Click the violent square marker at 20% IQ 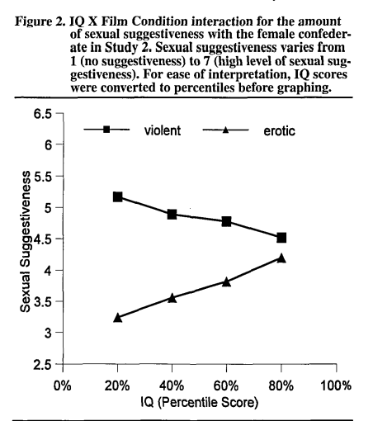(x=117, y=197)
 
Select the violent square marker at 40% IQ (x=172, y=215)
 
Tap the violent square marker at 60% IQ (x=226, y=221)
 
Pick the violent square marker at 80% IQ (x=281, y=238)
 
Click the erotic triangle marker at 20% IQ (x=117, y=318)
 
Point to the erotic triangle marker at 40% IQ (x=172, y=298)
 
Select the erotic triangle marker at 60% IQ (x=226, y=282)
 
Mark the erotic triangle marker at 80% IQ (x=281, y=258)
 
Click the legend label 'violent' (x=163, y=130)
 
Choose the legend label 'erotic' (x=279, y=131)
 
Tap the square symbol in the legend (x=106, y=130)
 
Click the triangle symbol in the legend (x=225, y=130)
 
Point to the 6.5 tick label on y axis (x=43, y=114)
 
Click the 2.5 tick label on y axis (x=43, y=365)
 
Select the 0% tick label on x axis (x=62, y=386)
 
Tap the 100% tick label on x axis (x=336, y=386)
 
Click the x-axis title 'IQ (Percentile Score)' (x=200, y=402)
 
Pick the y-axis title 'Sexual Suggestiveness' (x=26, y=242)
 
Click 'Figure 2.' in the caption (x=40, y=21)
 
